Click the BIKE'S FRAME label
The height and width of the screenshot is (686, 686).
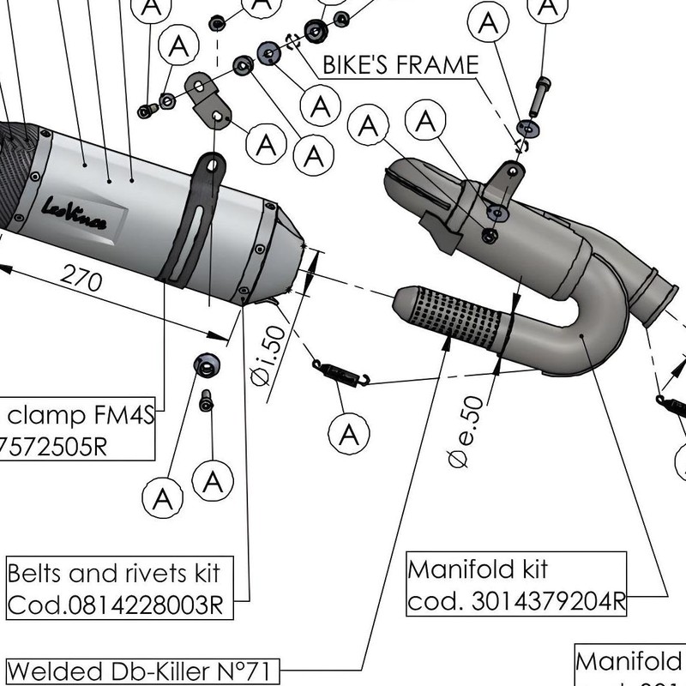click(400, 65)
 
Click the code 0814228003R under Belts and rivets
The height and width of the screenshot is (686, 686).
click(115, 605)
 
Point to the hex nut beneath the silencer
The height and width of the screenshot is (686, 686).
click(206, 364)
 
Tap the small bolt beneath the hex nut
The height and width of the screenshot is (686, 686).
click(205, 401)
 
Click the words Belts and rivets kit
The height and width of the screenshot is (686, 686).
click(113, 572)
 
